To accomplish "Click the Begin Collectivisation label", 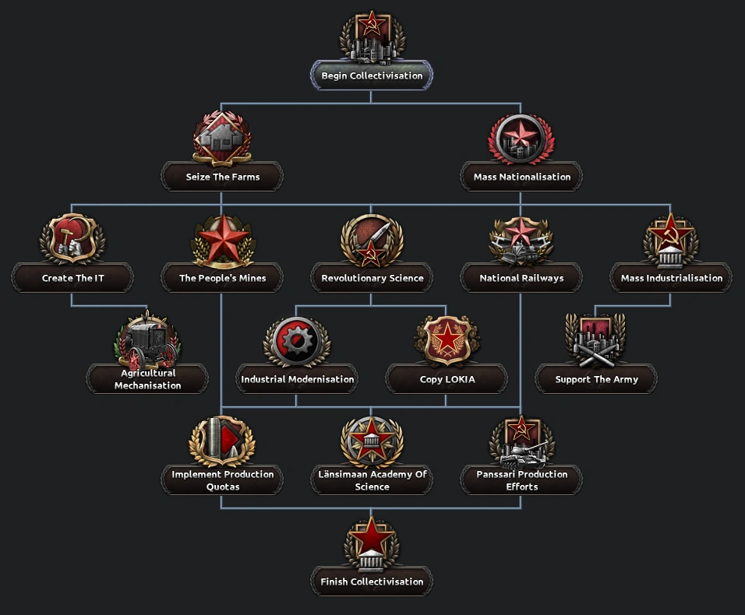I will (372, 76).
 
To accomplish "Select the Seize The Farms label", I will (222, 177).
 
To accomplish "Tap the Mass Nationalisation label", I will (521, 177).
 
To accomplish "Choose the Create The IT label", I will (72, 279).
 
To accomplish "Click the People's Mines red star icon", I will (223, 240).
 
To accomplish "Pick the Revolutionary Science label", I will (372, 279).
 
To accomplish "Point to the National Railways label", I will (521, 279).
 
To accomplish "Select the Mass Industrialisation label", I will (671, 279).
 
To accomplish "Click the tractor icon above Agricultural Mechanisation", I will (147, 343).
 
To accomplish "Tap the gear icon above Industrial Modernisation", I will (297, 341).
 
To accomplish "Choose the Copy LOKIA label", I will (447, 380).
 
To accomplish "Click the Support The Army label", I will (596, 380).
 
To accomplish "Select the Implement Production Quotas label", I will (222, 480).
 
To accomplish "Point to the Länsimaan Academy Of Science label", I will (372, 480).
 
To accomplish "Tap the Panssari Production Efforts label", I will (521, 480).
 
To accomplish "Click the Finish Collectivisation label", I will (372, 582).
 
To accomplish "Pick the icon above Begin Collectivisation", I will (372, 36).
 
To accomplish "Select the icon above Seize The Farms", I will (222, 139).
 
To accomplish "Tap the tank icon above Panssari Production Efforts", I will (521, 441).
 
